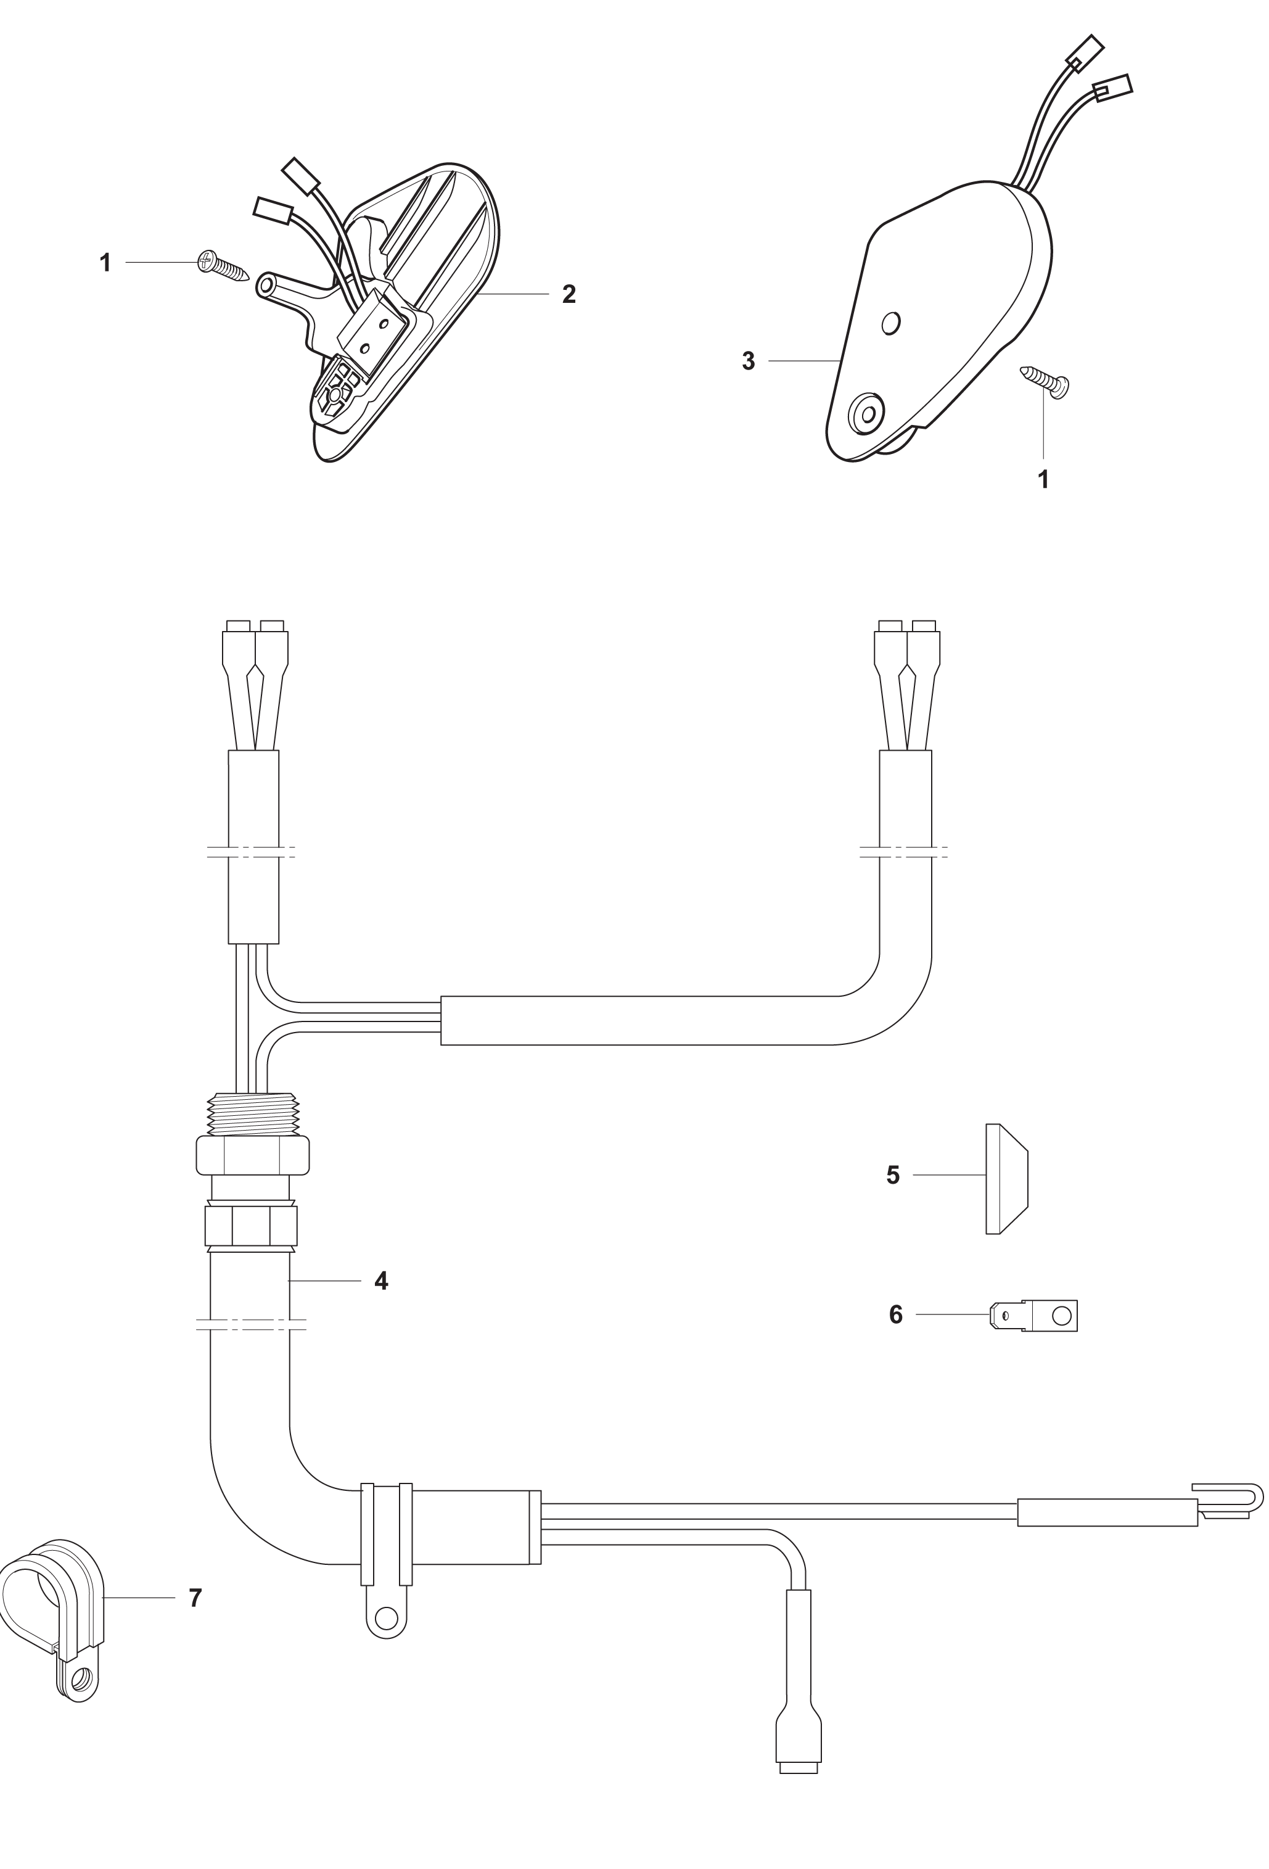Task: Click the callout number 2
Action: pos(569,294)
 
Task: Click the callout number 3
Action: pos(749,361)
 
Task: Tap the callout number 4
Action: pos(381,1281)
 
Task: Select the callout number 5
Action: pos(893,1175)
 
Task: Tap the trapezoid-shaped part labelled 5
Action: pos(1007,1178)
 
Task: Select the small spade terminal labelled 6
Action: pos(1033,1316)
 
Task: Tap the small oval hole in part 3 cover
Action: pos(890,323)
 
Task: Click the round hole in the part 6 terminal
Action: pos(1062,1316)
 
